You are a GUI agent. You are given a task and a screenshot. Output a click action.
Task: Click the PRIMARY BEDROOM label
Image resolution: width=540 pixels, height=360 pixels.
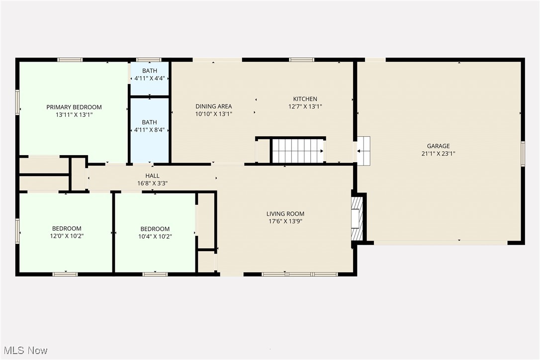pyautogui.click(x=74, y=107)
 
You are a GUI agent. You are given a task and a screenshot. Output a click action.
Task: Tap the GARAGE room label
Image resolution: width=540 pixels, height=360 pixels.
pyautogui.click(x=438, y=146)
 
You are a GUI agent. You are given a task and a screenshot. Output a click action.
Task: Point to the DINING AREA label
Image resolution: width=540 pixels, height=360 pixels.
pyautogui.click(x=213, y=106)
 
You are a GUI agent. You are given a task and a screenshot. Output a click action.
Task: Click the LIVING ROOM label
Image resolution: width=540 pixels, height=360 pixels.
pyautogui.click(x=285, y=214)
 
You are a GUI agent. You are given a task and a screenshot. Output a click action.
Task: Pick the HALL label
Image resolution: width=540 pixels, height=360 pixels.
pyautogui.click(x=152, y=176)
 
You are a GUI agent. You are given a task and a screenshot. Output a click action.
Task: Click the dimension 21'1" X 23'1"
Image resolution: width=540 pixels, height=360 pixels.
pyautogui.click(x=438, y=153)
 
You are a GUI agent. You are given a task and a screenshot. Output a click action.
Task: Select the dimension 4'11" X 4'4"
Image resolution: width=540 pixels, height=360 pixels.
pyautogui.click(x=149, y=78)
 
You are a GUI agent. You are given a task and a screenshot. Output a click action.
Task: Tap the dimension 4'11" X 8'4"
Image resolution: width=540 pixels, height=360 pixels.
pyautogui.click(x=149, y=130)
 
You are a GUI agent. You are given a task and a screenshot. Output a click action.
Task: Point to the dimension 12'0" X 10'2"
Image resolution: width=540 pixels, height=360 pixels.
pyautogui.click(x=66, y=236)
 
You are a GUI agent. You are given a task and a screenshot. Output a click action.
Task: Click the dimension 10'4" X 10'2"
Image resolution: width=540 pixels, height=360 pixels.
pyautogui.click(x=155, y=236)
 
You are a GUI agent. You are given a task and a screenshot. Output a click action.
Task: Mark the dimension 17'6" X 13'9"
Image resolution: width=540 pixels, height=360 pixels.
pyautogui.click(x=285, y=221)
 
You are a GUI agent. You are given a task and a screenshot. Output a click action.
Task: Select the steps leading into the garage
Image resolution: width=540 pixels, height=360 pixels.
pyautogui.click(x=364, y=150)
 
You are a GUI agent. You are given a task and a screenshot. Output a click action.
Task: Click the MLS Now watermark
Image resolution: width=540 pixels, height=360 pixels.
pyautogui.click(x=24, y=350)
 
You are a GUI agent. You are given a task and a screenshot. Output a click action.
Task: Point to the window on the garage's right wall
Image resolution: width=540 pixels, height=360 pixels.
pyautogui.click(x=522, y=153)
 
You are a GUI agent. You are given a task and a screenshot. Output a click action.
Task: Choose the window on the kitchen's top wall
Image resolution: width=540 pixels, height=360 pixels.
pyautogui.click(x=301, y=60)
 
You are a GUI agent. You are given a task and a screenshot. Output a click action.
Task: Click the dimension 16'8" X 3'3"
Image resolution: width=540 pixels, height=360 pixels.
pyautogui.click(x=152, y=183)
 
